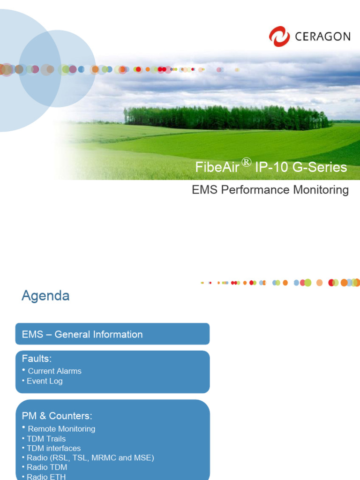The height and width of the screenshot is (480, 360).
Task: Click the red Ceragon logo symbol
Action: [x=279, y=36]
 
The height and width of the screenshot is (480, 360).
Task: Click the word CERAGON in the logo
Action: [x=322, y=37]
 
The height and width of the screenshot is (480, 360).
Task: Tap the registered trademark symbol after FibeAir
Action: [x=247, y=162]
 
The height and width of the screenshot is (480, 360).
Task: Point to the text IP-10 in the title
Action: [x=270, y=168]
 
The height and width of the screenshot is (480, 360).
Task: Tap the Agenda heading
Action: [x=45, y=296]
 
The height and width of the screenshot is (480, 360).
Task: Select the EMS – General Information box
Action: [x=112, y=334]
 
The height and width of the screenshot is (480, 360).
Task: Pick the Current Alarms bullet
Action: [x=54, y=371]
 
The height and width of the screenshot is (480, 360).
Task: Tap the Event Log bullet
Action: [x=45, y=381]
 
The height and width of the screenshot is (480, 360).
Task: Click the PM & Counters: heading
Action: [x=57, y=416]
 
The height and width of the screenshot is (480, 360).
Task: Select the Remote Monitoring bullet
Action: [x=61, y=429]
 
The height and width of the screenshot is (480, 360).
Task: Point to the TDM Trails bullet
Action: [x=46, y=439]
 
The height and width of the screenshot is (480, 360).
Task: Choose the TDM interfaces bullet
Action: [x=53, y=448]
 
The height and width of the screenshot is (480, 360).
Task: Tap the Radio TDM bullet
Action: [x=47, y=467]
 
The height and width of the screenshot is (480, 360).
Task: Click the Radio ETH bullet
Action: [x=46, y=477]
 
